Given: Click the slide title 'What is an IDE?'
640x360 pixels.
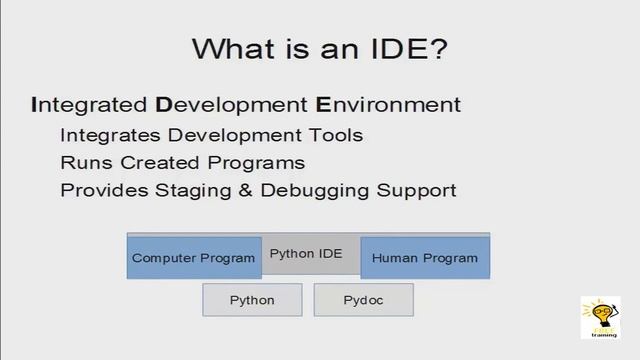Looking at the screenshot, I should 319,49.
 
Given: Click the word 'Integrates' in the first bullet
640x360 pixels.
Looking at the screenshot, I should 104,135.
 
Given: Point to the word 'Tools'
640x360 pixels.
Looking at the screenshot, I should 334,135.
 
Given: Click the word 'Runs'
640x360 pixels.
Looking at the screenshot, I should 83,162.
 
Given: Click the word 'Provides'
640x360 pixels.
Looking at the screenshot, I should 98,190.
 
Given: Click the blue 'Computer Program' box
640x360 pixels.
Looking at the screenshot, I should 194,258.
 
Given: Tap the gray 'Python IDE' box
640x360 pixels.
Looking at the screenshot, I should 306,254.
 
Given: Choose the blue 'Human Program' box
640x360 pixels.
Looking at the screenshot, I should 425,258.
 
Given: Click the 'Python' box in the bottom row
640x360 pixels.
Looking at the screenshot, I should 252,300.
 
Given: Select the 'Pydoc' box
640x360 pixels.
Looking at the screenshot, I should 363,300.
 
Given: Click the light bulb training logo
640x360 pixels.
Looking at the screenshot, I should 600,316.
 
